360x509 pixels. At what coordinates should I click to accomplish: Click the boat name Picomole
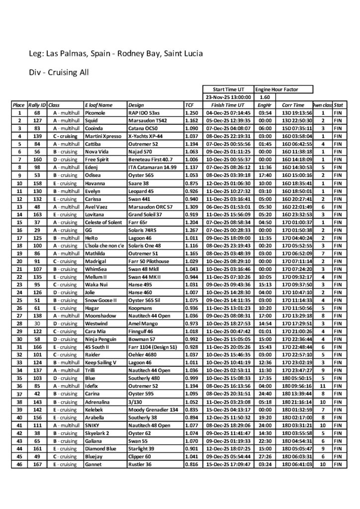tap(95, 113)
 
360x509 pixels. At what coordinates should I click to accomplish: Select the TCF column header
tap(189, 105)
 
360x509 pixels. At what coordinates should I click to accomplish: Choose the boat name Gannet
tap(93, 464)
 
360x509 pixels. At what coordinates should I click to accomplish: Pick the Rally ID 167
tap(37, 464)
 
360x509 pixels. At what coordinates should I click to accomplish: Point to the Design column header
tap(136, 105)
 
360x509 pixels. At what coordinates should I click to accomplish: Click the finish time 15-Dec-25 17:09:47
tap(226, 464)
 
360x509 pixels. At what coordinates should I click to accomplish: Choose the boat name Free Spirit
tap(96, 159)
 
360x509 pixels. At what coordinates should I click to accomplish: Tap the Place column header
tap(19, 105)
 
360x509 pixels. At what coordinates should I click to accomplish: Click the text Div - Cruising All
tap(59, 72)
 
